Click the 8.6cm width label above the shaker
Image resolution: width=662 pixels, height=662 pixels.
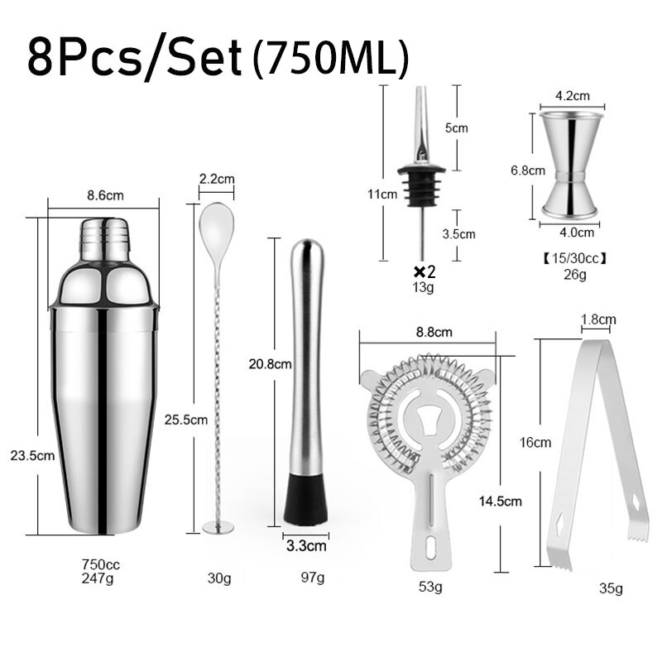click(105, 196)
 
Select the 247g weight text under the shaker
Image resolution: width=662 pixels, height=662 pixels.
click(101, 579)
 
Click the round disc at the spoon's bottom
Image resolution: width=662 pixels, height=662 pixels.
click(217, 526)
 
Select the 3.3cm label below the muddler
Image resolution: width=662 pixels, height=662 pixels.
click(306, 546)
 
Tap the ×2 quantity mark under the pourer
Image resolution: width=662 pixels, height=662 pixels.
click(424, 271)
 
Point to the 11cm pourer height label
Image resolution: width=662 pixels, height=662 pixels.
click(382, 194)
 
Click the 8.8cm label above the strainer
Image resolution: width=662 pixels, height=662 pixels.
click(433, 333)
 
